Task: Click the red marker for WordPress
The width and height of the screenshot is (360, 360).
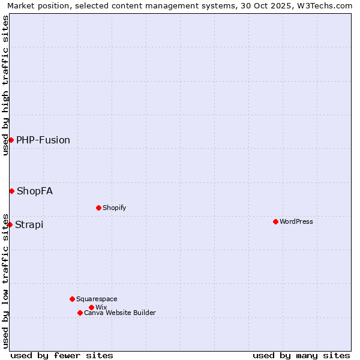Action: click(275, 221)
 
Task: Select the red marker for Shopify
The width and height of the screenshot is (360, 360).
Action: click(98, 208)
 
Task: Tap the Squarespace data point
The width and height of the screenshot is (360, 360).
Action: click(72, 299)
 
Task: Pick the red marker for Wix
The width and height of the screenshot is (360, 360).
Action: click(91, 307)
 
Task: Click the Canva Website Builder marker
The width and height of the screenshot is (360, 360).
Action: click(80, 313)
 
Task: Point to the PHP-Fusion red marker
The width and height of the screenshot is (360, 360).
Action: click(11, 140)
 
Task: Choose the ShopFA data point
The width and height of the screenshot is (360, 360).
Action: click(11, 191)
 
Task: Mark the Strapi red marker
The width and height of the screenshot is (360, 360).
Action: click(10, 224)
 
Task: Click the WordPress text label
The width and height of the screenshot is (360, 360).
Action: click(296, 221)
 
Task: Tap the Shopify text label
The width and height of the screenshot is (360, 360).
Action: click(114, 208)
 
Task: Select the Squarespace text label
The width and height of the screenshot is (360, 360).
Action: click(97, 299)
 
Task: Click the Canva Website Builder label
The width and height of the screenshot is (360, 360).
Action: click(120, 313)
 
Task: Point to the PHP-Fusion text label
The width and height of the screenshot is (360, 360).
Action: click(43, 140)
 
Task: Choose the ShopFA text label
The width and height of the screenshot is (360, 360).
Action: click(35, 191)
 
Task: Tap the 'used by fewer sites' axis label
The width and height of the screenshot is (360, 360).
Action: click(62, 355)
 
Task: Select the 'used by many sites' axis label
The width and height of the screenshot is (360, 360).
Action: click(301, 355)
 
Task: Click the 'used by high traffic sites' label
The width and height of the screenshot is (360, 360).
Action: click(5, 85)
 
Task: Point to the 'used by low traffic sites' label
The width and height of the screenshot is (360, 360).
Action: click(5, 280)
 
